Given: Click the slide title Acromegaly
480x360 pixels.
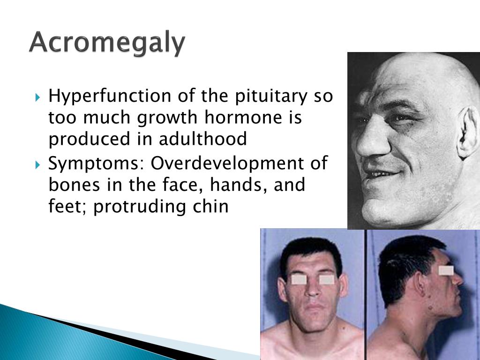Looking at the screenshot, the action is click(107, 44).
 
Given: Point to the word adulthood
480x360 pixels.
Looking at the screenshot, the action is click(202, 139).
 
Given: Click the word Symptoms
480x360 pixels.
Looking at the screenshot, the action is click(96, 164).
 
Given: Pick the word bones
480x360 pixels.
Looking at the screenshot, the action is click(75, 185).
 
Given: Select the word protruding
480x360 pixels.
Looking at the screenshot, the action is click(139, 207).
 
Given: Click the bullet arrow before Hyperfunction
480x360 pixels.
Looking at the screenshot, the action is click(37, 97).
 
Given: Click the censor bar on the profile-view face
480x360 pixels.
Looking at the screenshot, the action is click(446, 270).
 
